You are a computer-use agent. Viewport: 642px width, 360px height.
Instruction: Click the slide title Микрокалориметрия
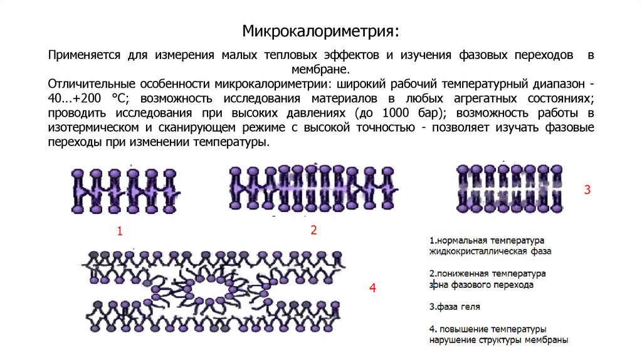click(x=320, y=30)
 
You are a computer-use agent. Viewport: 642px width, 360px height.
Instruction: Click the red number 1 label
click(x=118, y=232)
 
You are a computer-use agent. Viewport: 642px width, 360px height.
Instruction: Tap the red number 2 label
click(x=314, y=230)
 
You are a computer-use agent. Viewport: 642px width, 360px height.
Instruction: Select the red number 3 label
click(x=587, y=190)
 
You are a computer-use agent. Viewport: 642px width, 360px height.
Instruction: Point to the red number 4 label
click(x=372, y=289)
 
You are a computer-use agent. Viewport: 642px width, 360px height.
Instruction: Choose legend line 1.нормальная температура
click(x=487, y=241)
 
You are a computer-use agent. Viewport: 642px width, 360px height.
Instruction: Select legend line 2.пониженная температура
click(x=487, y=274)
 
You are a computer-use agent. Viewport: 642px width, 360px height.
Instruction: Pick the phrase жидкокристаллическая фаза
click(x=490, y=251)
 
